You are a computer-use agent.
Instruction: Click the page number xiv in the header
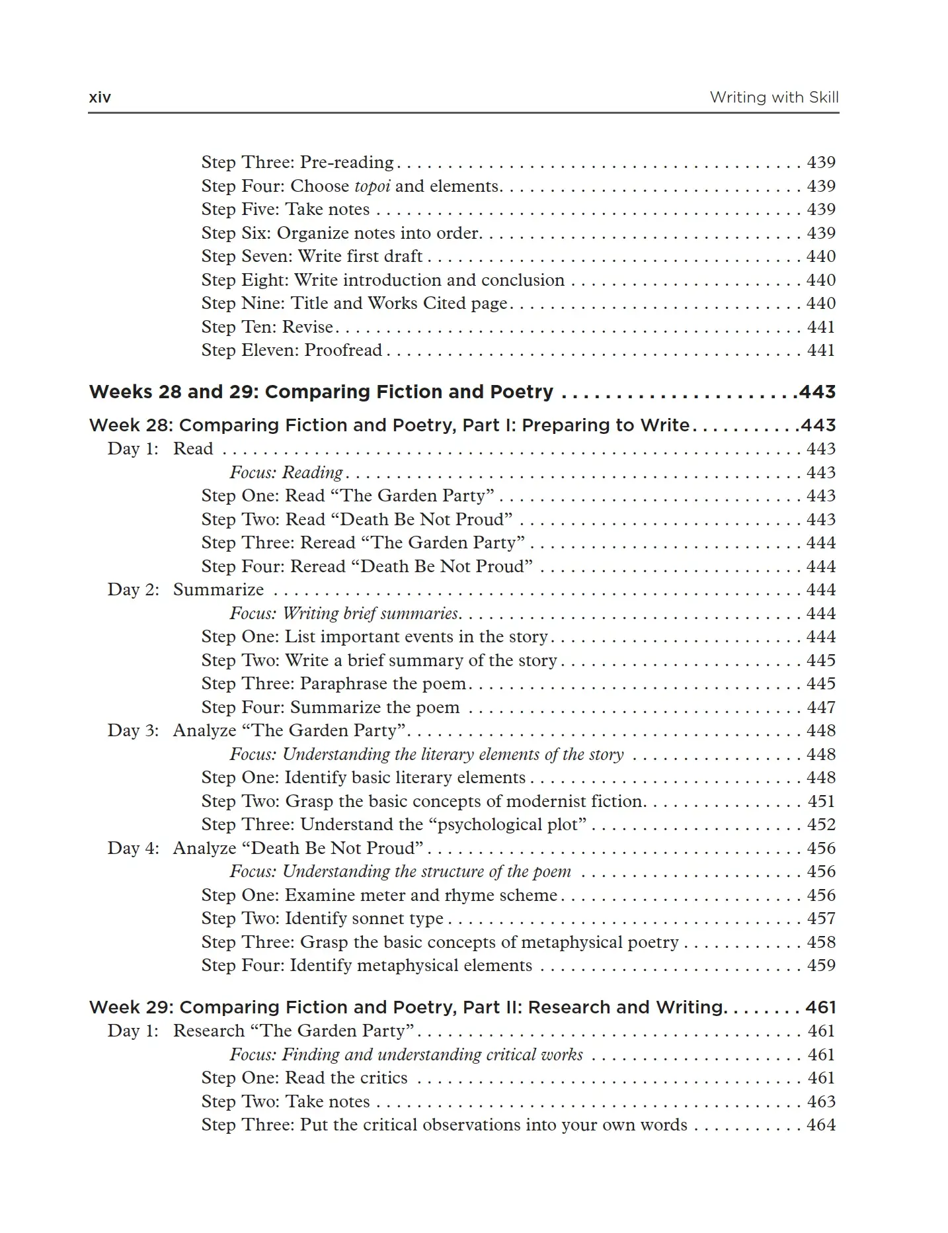coord(100,97)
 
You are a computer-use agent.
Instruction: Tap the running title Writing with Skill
coord(773,97)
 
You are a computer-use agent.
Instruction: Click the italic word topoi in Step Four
coord(372,186)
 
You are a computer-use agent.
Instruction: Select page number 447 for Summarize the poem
coord(820,707)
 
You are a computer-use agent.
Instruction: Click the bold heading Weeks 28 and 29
coord(321,392)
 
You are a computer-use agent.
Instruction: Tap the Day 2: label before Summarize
coord(133,589)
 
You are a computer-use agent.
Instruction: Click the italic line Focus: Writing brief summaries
coord(344,613)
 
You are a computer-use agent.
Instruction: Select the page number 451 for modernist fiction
coord(820,801)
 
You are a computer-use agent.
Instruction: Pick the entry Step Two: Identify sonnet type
coord(322,918)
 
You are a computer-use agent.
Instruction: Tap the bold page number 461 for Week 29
coord(820,1007)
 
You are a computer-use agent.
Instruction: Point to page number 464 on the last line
coord(820,1125)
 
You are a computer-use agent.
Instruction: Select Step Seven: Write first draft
coord(311,256)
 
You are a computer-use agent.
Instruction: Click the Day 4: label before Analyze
coord(133,848)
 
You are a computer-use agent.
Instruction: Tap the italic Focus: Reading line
coord(286,472)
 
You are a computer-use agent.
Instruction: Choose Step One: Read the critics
coord(304,1078)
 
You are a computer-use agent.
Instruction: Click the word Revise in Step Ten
coord(307,327)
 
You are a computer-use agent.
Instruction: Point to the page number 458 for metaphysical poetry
coord(820,942)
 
